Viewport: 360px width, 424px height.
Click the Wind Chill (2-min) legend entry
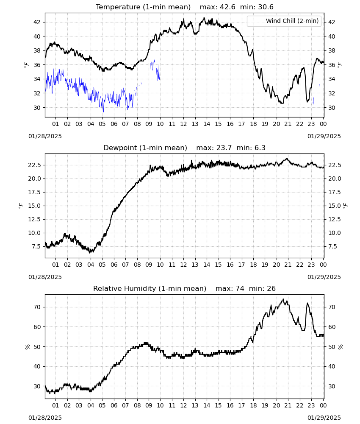point(284,21)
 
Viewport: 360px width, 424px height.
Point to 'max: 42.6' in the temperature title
point(217,7)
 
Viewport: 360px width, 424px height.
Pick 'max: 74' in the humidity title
point(230,288)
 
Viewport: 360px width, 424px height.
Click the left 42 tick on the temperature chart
point(37,22)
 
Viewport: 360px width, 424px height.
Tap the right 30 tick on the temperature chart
point(331,108)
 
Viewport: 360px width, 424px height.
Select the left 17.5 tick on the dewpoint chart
point(35,192)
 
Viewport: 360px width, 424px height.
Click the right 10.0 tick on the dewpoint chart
point(334,233)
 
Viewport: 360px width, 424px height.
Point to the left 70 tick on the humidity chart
point(37,307)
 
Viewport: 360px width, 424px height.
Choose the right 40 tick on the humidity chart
point(331,366)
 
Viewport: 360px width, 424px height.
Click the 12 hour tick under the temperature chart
point(183,124)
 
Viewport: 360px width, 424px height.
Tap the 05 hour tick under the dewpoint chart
point(102,265)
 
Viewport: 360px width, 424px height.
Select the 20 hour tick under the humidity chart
point(276,405)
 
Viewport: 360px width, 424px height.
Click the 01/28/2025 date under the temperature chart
point(45,136)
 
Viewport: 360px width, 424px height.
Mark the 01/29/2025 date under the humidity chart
point(324,418)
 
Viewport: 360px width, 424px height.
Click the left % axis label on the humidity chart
point(27,347)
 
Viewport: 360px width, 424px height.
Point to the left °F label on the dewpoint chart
point(21,206)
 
